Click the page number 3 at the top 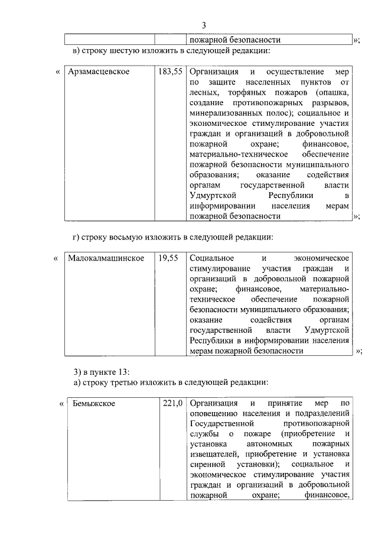(203, 25)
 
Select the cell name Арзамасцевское (99, 72)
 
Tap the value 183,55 (170, 72)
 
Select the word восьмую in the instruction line (123, 238)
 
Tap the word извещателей (216, 453)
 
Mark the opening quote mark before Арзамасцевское (58, 72)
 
